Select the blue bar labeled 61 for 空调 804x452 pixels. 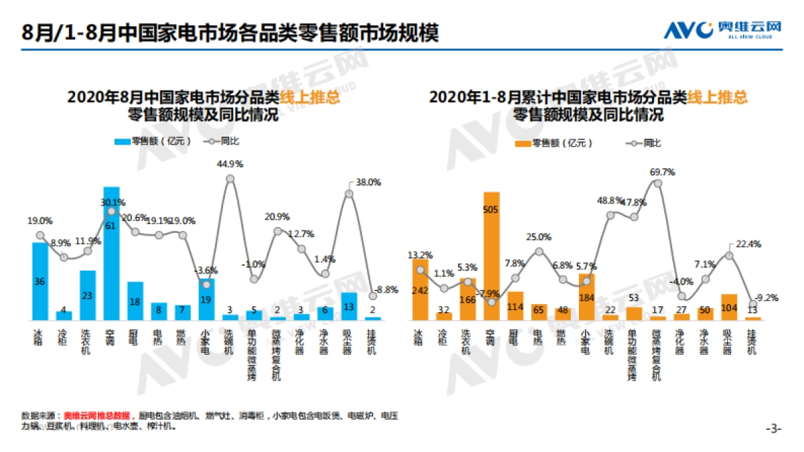click(111, 254)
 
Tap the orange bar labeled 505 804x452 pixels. click(492, 254)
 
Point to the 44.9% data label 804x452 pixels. click(230, 164)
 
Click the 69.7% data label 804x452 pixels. click(662, 172)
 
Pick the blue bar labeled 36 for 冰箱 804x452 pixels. click(40, 281)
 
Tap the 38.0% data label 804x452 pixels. click(368, 181)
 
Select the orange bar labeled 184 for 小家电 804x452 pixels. click(587, 297)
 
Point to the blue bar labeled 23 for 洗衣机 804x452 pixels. click(88, 295)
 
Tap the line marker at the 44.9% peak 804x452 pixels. click(230, 179)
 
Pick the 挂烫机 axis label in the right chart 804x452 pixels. click(752, 339)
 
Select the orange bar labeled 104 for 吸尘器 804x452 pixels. click(729, 306)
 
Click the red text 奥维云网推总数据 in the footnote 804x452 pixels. click(100, 416)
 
